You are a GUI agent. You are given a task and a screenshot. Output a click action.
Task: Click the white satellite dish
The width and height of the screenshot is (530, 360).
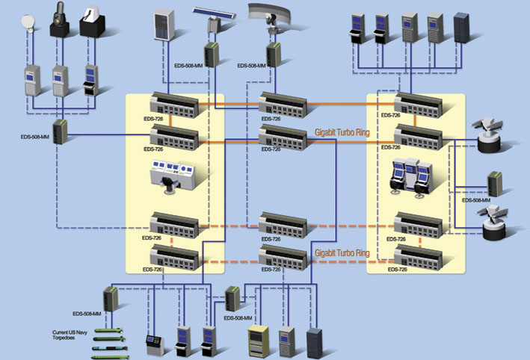(x=28, y=23)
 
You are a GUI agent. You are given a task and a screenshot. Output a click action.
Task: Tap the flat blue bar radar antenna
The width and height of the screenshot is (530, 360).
(x=215, y=13)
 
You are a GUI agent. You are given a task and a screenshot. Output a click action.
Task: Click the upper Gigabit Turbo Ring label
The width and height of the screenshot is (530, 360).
(x=342, y=132)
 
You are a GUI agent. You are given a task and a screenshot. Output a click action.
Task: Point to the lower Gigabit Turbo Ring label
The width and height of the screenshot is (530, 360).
(x=342, y=253)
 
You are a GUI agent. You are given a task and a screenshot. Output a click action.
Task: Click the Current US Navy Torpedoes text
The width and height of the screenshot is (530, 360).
(x=70, y=335)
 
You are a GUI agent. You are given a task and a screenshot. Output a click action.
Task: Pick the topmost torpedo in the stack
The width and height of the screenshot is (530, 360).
(x=108, y=330)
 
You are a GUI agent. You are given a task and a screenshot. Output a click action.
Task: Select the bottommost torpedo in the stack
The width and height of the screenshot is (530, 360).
(x=110, y=357)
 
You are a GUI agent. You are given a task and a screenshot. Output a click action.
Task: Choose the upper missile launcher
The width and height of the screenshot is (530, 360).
(x=488, y=135)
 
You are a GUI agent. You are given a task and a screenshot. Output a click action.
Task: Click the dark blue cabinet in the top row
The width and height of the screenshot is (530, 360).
(x=461, y=28)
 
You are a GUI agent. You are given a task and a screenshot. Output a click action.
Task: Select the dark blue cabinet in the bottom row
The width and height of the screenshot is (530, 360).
(x=314, y=342)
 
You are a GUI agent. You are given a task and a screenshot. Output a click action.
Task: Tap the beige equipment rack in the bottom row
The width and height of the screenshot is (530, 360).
(x=258, y=341)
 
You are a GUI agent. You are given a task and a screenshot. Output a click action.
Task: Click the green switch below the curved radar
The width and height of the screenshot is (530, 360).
(x=273, y=55)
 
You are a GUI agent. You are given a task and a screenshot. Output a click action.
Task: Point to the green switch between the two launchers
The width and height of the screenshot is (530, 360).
(x=495, y=184)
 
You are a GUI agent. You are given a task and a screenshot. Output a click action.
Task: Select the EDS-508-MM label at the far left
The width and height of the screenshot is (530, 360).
(x=35, y=137)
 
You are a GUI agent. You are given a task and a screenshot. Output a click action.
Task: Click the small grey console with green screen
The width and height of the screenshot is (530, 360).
(x=155, y=345)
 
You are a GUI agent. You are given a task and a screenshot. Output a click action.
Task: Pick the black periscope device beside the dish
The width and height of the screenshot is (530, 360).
(x=60, y=19)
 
